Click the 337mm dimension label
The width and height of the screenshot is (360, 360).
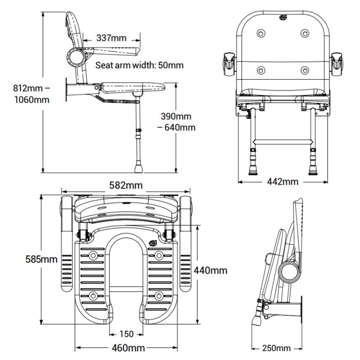[112, 38]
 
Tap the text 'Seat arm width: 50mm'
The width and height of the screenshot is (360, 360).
[139, 65]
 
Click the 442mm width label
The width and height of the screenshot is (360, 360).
[283, 182]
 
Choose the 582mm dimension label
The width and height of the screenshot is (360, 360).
[126, 185]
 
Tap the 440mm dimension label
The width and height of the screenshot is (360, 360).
[210, 270]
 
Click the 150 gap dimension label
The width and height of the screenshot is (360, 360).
[126, 334]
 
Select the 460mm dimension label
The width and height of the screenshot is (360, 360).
[126, 348]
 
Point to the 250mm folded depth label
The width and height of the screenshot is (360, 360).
[277, 348]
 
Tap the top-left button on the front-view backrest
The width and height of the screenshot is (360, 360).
[261, 34]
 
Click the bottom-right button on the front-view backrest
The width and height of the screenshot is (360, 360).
[305, 70]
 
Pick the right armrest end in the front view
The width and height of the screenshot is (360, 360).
[338, 64]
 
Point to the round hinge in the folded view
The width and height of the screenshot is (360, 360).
[288, 271]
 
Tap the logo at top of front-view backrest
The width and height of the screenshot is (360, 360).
[283, 18]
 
